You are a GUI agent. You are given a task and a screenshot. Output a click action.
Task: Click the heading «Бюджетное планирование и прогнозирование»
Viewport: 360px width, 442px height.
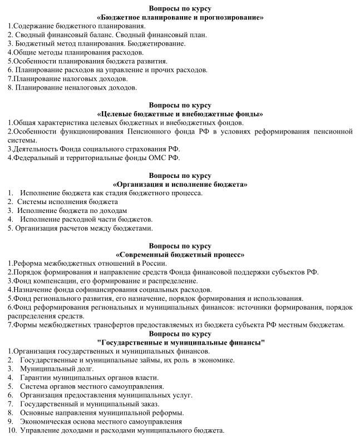[x=180, y=17]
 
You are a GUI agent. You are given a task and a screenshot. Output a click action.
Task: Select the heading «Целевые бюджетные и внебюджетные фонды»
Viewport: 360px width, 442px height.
[x=180, y=114]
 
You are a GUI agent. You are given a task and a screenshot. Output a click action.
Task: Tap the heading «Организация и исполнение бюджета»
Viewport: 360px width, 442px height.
[x=180, y=184]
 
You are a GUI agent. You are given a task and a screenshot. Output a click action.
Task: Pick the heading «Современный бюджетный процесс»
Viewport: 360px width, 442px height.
[x=180, y=254]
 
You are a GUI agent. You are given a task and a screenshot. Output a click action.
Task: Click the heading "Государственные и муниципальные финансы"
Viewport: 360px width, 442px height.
[x=180, y=342]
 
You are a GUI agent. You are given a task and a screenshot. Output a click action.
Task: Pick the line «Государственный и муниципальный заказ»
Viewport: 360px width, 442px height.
[x=89, y=404]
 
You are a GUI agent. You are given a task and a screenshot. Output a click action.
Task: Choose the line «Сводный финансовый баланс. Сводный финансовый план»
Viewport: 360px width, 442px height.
[x=110, y=34]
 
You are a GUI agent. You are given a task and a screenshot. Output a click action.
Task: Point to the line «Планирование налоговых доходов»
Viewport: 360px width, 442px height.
[x=68, y=78]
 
